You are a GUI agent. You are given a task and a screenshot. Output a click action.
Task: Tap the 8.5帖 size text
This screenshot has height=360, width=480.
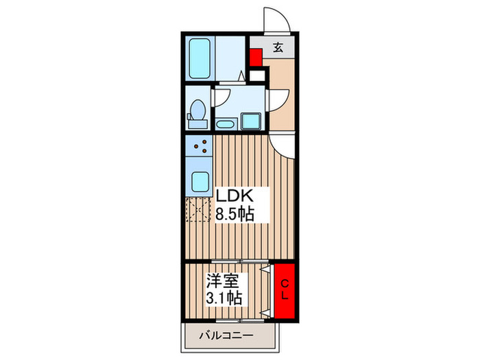[x=235, y=214]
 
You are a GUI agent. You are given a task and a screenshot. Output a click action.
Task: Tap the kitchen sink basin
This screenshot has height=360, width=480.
[x=200, y=181]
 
